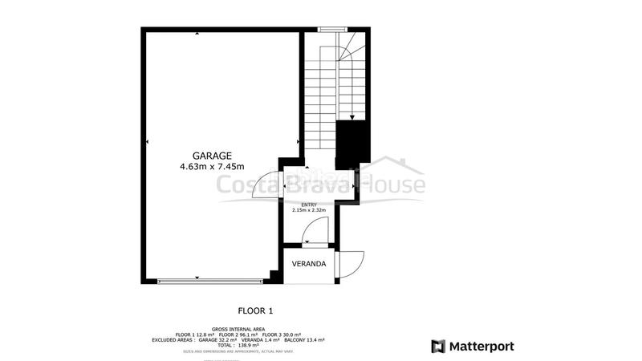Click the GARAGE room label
click(212, 155)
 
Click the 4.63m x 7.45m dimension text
click(212, 167)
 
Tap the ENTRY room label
click(309, 205)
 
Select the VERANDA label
click(308, 264)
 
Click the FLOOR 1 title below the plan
click(256, 310)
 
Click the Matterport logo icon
click(439, 347)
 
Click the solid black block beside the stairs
click(351, 142)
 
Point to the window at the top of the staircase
click(329, 30)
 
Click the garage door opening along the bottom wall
click(210, 280)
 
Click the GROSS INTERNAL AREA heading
click(238, 329)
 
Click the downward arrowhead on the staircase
click(352, 117)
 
